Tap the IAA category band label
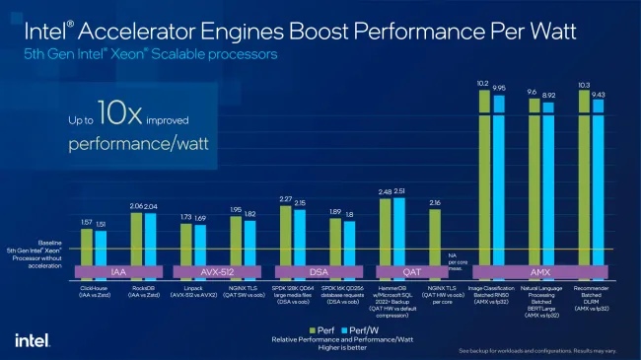tap(118, 269)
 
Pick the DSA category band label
tap(318, 269)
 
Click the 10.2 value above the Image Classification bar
tap(483, 84)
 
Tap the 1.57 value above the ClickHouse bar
tap(86, 222)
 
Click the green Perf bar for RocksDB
tap(136, 237)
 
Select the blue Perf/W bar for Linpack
tap(201, 242)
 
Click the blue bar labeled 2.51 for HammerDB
tap(399, 229)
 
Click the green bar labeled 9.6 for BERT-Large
tap(534, 178)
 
